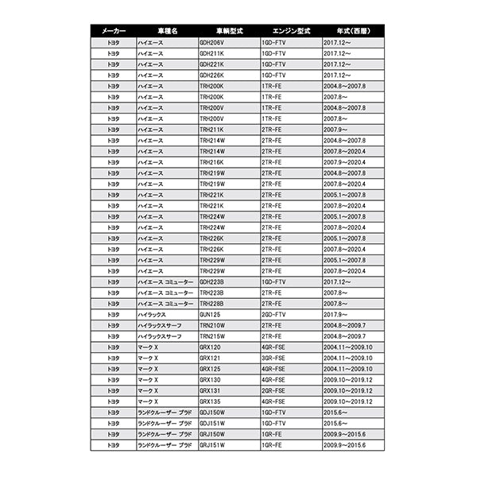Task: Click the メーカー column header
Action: click(108, 30)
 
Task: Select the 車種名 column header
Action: click(166, 30)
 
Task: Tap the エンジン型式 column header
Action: click(291, 30)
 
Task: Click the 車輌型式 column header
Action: click(228, 30)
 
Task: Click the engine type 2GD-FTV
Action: click(274, 314)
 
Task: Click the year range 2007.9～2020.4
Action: click(345, 161)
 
